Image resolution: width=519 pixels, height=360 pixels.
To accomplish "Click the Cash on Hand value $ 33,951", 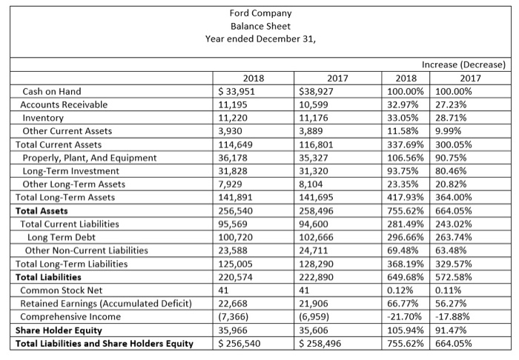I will click(234, 91).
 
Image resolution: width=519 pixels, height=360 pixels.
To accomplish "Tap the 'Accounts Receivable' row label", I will click(65, 104).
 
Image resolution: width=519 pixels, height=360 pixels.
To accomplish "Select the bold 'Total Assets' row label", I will click(42, 211).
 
